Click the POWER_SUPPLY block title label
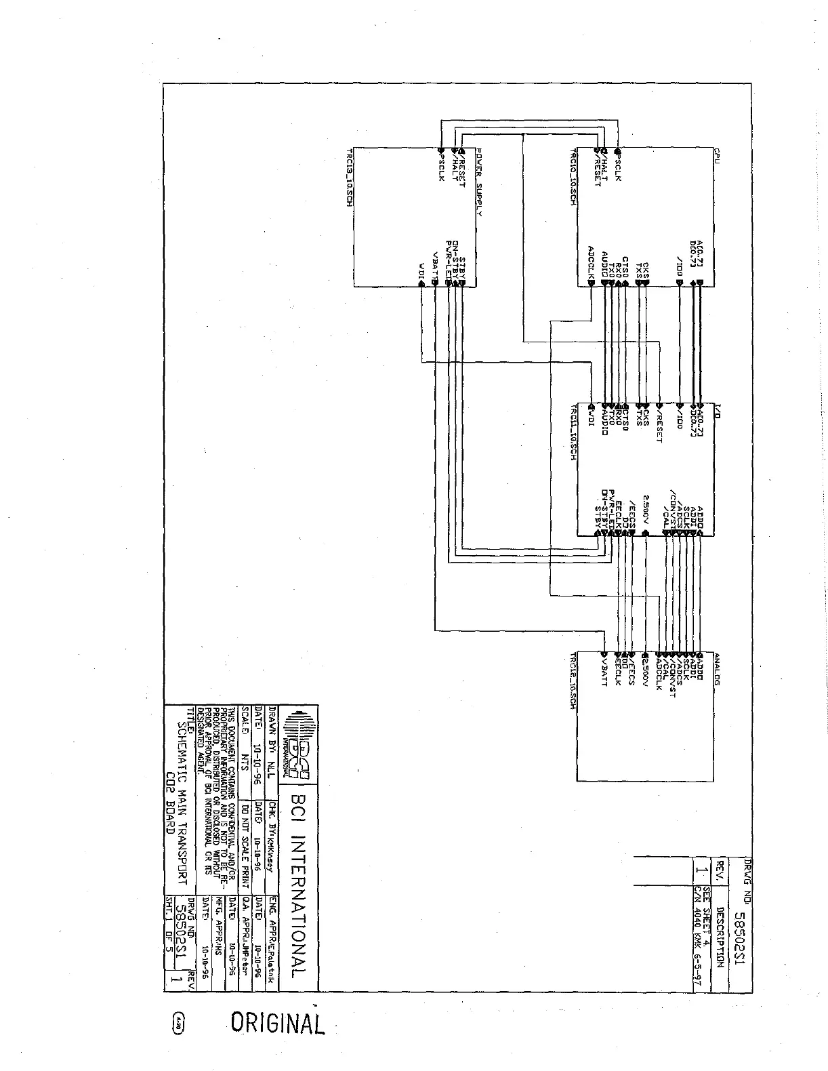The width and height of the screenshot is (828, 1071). point(478,182)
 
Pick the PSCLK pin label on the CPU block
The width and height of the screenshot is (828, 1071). point(617,165)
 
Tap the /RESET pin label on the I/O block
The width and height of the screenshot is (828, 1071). point(659,427)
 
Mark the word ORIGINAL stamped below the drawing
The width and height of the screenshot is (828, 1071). point(278,1023)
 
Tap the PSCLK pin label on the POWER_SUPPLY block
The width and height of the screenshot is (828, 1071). point(441,167)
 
